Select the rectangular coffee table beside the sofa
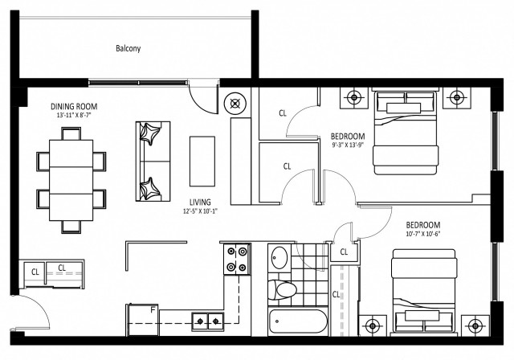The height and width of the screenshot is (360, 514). tap(202, 160)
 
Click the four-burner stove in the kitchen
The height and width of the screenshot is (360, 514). tap(237, 259)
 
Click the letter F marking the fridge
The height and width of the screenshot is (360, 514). tap(153, 309)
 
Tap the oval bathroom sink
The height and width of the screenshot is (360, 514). tap(279, 259)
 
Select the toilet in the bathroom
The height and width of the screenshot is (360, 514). tap(283, 291)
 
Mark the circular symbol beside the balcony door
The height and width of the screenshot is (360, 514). tap(237, 102)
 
